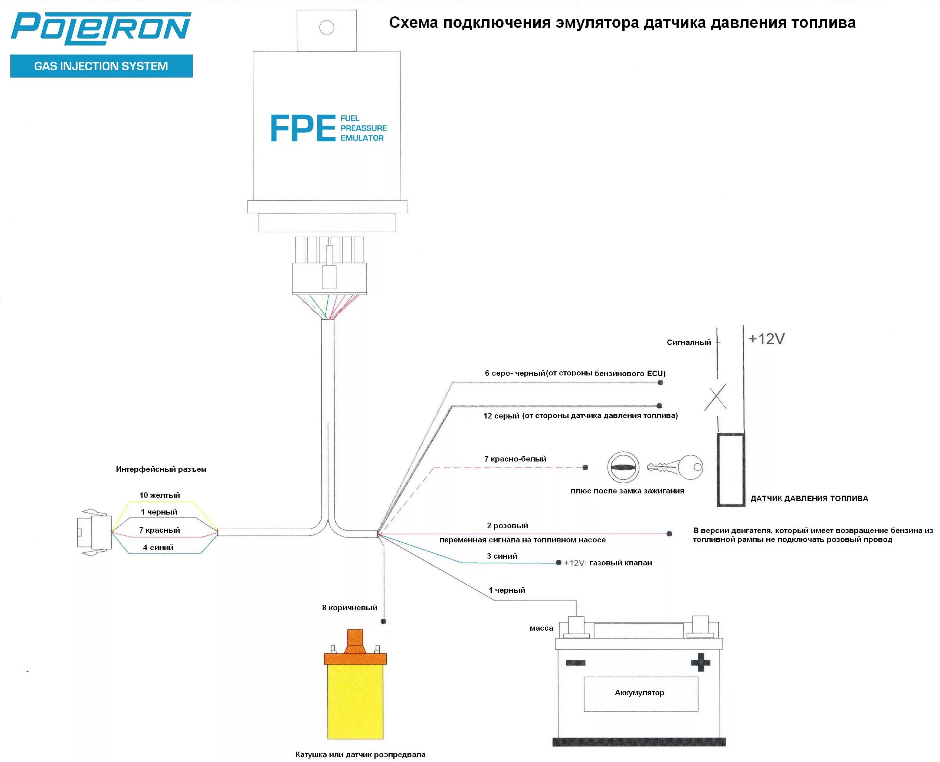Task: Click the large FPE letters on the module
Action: pyautogui.click(x=302, y=129)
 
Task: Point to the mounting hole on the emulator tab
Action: pyautogui.click(x=327, y=28)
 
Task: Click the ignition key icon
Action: pyautogui.click(x=675, y=467)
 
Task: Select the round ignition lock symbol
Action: pyautogui.click(x=623, y=467)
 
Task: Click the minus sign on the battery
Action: pyautogui.click(x=575, y=663)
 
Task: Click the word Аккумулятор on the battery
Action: pyautogui.click(x=639, y=693)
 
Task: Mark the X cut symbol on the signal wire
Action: pyautogui.click(x=715, y=397)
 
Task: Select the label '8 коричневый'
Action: pyautogui.click(x=350, y=608)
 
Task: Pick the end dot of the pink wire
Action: pyautogui.click(x=669, y=534)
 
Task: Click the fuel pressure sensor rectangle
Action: pyautogui.click(x=731, y=470)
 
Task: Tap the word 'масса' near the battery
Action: pyautogui.click(x=541, y=628)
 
